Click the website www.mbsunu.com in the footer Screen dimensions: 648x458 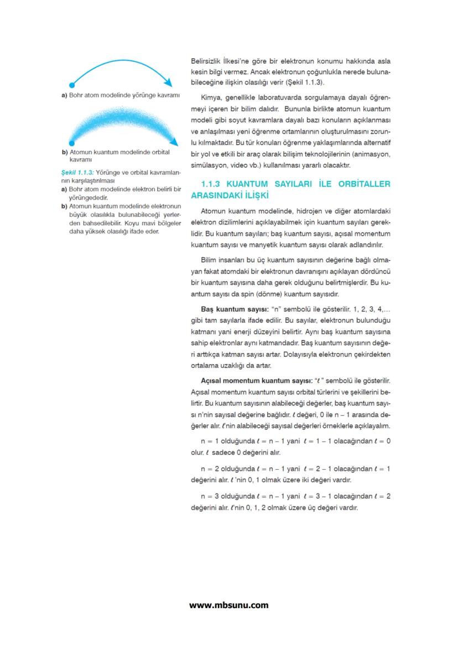(x=229, y=605)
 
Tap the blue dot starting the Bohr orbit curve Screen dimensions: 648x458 (x=71, y=86)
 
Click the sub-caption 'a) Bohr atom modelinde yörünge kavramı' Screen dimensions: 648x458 (x=121, y=95)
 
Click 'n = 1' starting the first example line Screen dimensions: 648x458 (x=210, y=441)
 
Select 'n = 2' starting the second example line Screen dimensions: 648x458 (x=210, y=469)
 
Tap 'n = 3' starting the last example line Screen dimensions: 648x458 (x=210, y=496)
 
